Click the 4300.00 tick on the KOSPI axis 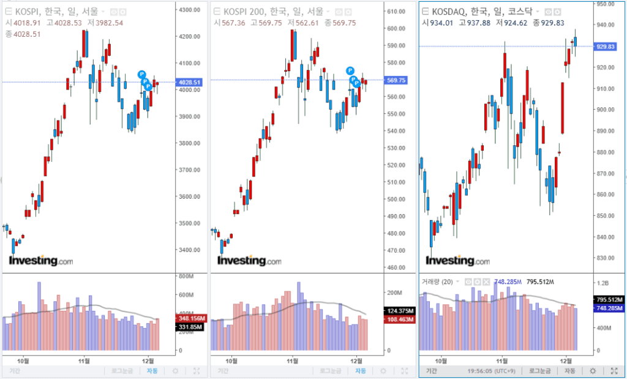189,10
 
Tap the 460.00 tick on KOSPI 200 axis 397,267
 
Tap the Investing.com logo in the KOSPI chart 40,261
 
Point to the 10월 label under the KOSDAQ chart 440,360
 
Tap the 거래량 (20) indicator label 437,281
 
